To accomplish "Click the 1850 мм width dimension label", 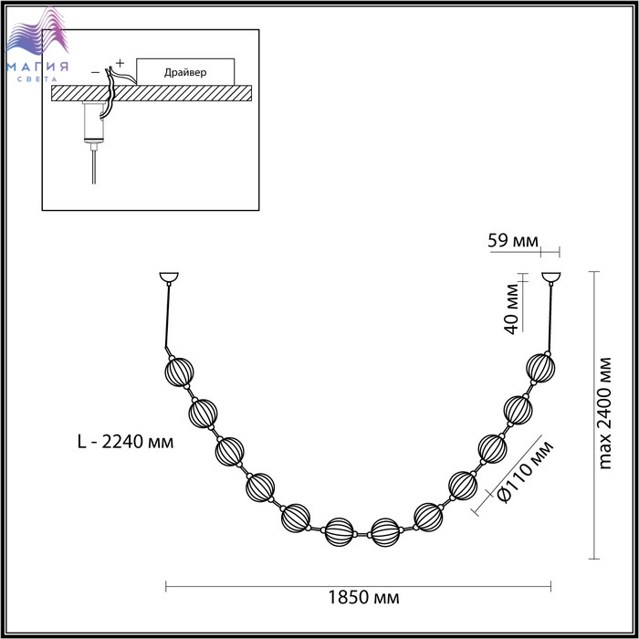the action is pos(363,597).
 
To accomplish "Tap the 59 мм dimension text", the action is pos(513,240).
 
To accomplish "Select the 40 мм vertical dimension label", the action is pos(512,309).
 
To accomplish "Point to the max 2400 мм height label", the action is pos(605,414).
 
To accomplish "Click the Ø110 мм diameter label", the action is pos(526,472).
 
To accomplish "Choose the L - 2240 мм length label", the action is pos(126,441).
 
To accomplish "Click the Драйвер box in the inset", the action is pos(185,72).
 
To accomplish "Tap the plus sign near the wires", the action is pos(120,63).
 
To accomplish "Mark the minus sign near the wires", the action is pos(95,72).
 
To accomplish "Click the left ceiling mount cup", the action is pos(169,278).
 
